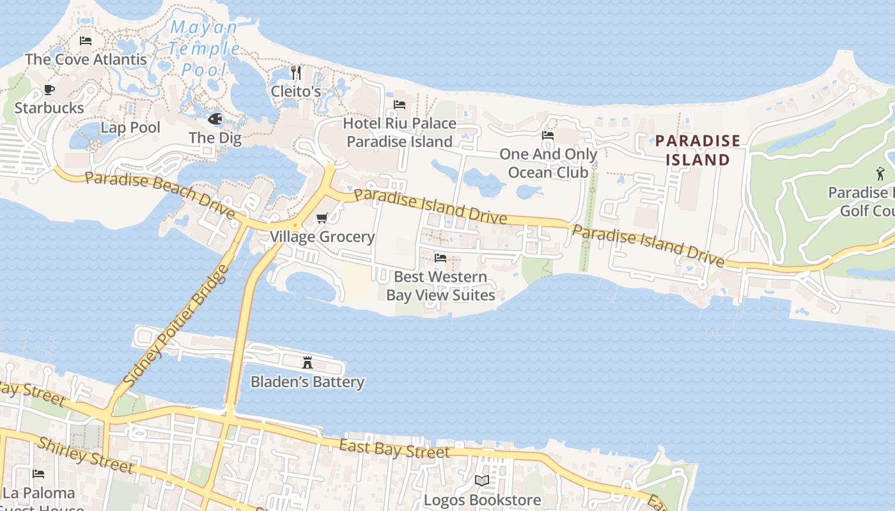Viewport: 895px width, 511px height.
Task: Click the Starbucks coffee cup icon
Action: pos(49,89)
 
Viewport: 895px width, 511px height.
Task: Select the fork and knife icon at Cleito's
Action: pos(295,72)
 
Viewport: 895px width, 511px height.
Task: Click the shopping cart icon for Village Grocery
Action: pos(322,218)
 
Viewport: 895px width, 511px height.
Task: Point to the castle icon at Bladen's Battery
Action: pos(307,363)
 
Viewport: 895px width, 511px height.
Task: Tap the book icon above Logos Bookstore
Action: pos(482,480)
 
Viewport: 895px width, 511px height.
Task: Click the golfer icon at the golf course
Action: pos(880,173)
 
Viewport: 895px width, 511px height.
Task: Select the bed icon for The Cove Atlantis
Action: pos(86,41)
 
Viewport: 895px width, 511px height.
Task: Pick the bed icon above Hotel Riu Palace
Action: pos(400,104)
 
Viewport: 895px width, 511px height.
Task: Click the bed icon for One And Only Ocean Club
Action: pos(548,135)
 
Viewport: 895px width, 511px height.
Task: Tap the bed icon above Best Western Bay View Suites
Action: pos(440,258)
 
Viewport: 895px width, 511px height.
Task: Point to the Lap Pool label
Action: pos(130,127)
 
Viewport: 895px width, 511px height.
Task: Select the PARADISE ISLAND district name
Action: pos(698,150)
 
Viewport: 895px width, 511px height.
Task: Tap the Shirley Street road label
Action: pos(86,455)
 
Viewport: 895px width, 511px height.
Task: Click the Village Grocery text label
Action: pos(322,236)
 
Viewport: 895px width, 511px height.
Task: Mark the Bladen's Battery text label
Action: pos(307,382)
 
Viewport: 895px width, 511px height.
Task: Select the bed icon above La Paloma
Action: pos(38,474)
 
